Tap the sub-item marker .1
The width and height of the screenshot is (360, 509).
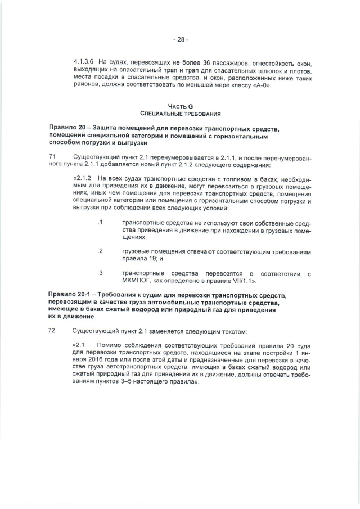100,223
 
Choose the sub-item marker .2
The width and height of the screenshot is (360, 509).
100,250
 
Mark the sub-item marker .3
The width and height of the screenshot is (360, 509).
100,273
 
